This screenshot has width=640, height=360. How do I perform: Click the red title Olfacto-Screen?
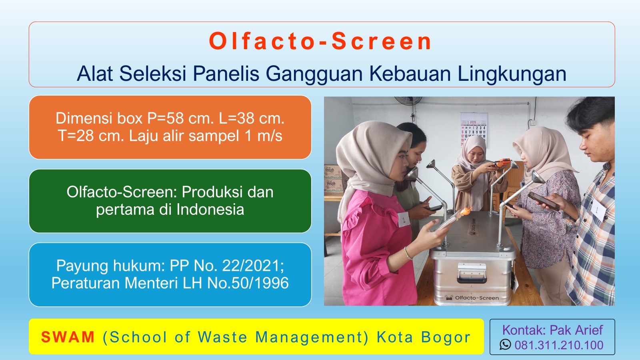[x=320, y=42]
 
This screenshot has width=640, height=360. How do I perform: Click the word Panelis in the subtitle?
[x=226, y=74]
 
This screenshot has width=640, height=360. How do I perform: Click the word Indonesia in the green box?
[x=210, y=210]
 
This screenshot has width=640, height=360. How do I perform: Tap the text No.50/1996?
[x=248, y=283]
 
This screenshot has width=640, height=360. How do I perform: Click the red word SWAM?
[x=68, y=337]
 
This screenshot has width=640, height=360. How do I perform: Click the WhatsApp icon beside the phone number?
[x=505, y=344]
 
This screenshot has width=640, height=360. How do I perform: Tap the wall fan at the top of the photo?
[x=408, y=100]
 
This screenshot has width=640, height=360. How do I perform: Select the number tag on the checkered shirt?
[x=598, y=210]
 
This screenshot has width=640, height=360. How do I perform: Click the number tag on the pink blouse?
[x=404, y=220]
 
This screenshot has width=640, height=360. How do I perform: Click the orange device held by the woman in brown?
[x=501, y=162]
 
